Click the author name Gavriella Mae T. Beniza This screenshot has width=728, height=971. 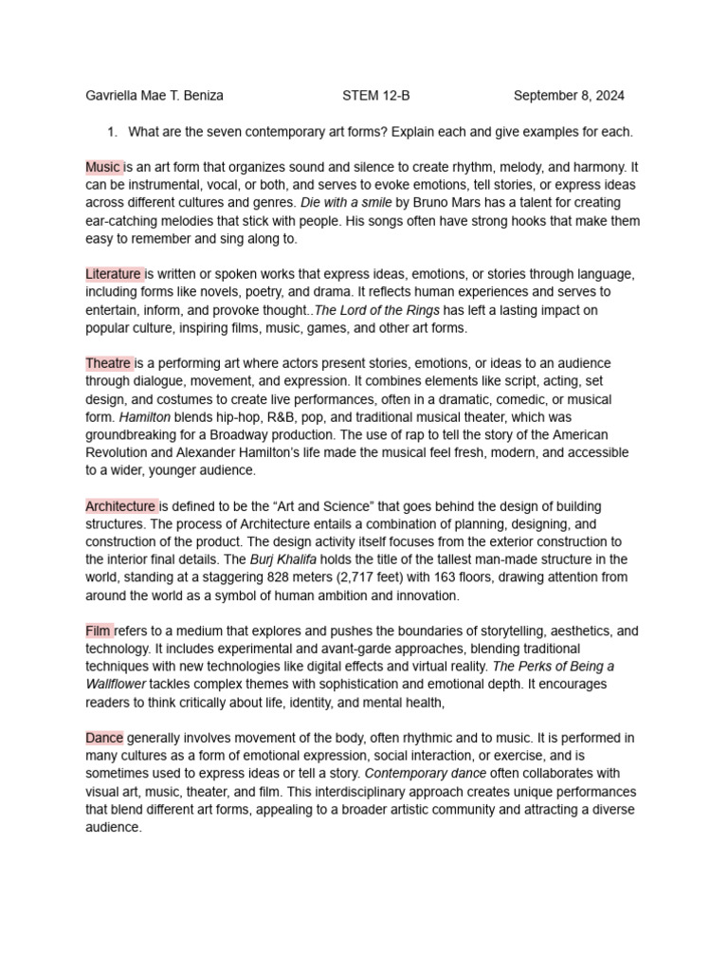click(155, 96)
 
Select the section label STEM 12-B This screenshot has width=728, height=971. click(376, 96)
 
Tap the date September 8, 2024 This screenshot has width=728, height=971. click(569, 96)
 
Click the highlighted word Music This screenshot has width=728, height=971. click(103, 167)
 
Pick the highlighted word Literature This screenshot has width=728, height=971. click(114, 274)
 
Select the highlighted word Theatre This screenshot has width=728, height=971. click(109, 363)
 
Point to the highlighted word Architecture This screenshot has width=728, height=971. click(121, 506)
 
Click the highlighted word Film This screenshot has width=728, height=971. click(100, 631)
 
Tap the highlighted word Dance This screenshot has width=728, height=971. click(104, 738)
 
